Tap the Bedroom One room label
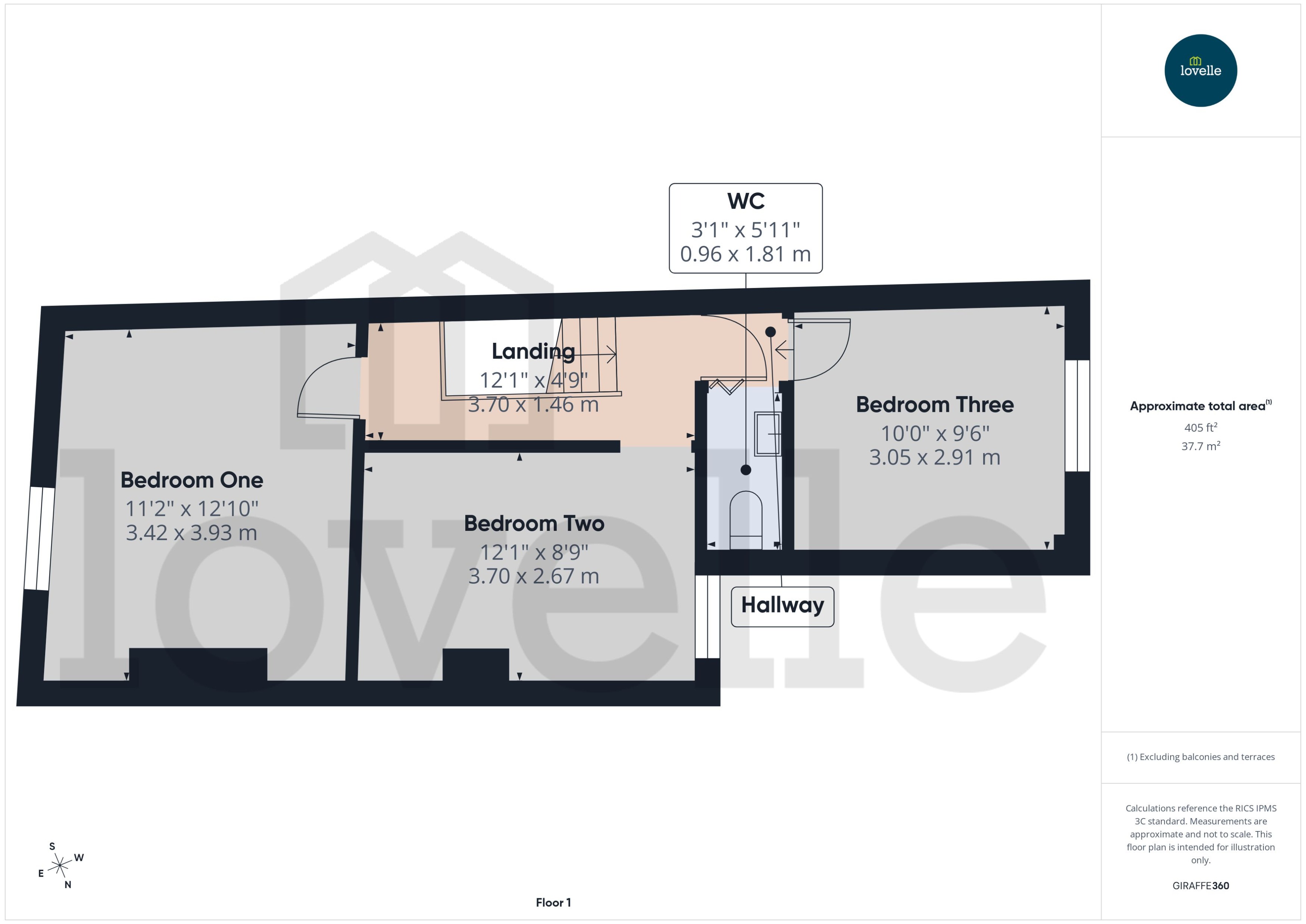[192, 480]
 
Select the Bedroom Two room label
[534, 523]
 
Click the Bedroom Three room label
[934, 404]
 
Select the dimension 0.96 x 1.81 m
[746, 254]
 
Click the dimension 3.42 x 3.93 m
[192, 533]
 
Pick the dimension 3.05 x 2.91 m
[934, 457]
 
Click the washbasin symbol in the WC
[767, 433]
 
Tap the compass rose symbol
[60, 866]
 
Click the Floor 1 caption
[553, 902]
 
